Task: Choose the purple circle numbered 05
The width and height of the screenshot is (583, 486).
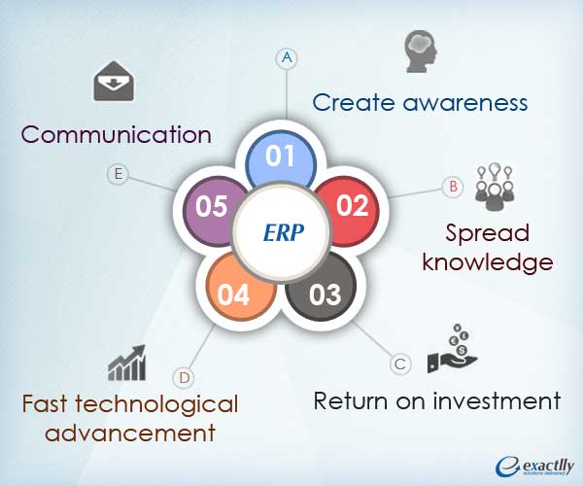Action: [212, 207]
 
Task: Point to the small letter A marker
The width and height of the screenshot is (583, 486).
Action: [287, 58]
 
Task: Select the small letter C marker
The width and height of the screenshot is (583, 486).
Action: [398, 364]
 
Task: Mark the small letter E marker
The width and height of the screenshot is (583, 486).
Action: [118, 174]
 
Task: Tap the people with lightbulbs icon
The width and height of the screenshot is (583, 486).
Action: [494, 185]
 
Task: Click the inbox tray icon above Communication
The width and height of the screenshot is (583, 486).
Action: [113, 82]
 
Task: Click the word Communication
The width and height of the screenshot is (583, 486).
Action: [117, 133]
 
